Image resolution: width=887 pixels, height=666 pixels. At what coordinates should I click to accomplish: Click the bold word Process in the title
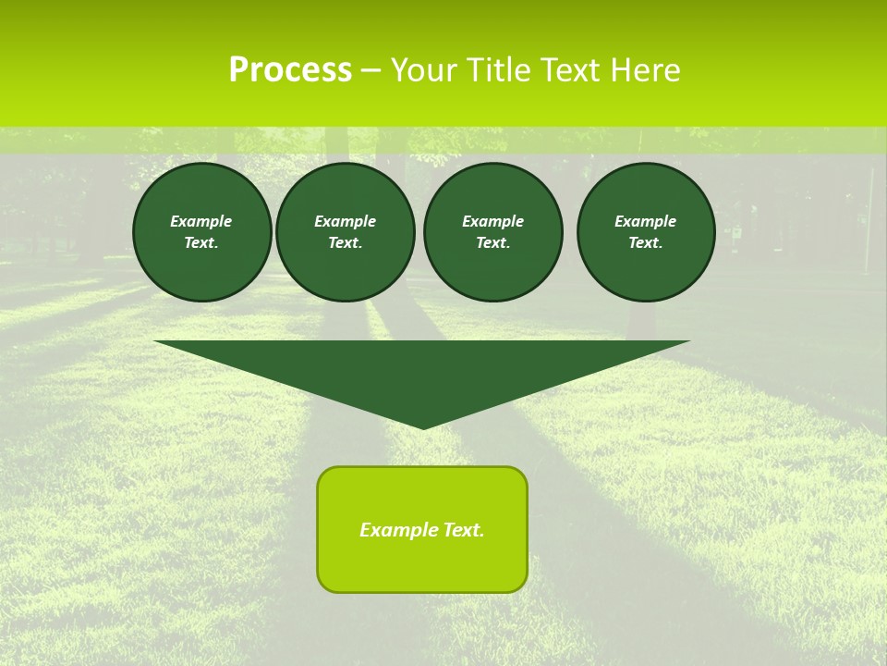(x=290, y=70)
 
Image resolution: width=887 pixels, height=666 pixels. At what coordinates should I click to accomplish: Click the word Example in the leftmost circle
(x=201, y=221)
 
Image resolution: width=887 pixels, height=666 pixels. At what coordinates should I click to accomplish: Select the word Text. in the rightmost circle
(x=646, y=243)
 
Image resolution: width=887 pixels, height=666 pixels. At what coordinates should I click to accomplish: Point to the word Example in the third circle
(x=492, y=221)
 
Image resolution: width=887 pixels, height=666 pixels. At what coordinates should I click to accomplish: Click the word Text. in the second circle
(x=345, y=243)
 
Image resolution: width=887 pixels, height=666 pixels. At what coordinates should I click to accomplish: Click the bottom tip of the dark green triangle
(x=424, y=426)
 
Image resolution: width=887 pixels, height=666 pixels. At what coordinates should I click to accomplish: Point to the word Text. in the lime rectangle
(x=463, y=530)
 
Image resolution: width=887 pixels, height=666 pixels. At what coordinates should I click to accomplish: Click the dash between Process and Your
(x=371, y=70)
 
